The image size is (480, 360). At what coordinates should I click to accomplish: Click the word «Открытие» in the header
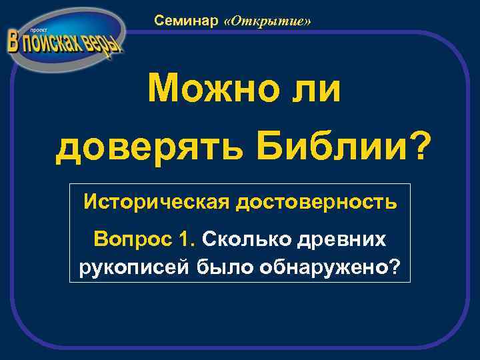click(x=268, y=21)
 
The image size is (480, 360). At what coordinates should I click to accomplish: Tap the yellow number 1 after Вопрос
click(x=187, y=238)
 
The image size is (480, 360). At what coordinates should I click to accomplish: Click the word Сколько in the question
click(x=240, y=238)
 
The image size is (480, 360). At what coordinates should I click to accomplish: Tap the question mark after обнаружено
click(x=395, y=267)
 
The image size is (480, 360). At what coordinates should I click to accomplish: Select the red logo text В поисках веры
click(x=64, y=43)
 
